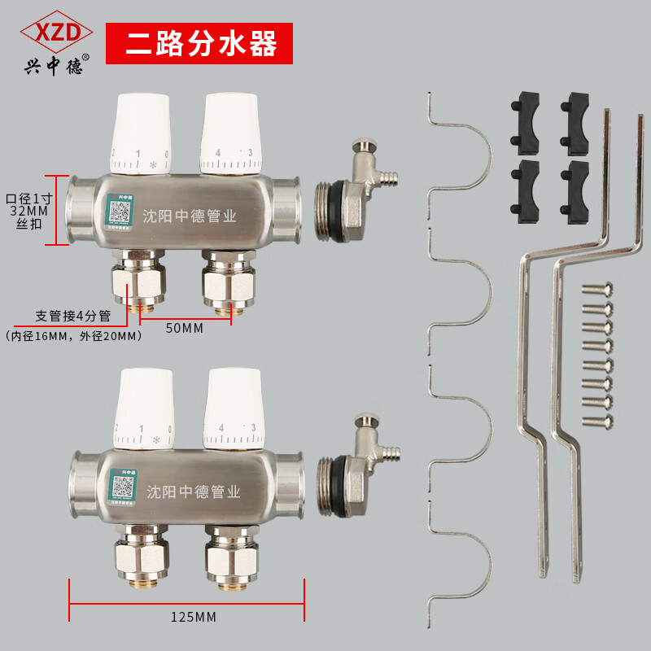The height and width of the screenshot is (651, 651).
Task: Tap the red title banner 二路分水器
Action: point(199,43)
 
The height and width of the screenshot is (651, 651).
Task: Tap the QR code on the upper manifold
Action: point(120,213)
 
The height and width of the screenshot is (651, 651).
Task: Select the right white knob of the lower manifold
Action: point(233,408)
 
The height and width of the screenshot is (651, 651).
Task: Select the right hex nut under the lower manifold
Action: point(225,558)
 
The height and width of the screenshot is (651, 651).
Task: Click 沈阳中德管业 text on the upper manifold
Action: point(190,217)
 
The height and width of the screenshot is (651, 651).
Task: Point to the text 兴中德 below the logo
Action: point(52,67)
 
